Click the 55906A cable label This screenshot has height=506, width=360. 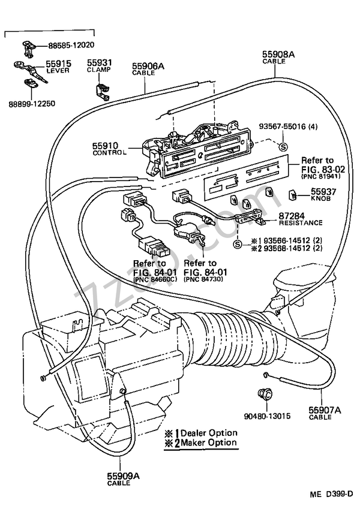tap(143, 68)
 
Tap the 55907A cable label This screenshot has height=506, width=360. tap(325, 412)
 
